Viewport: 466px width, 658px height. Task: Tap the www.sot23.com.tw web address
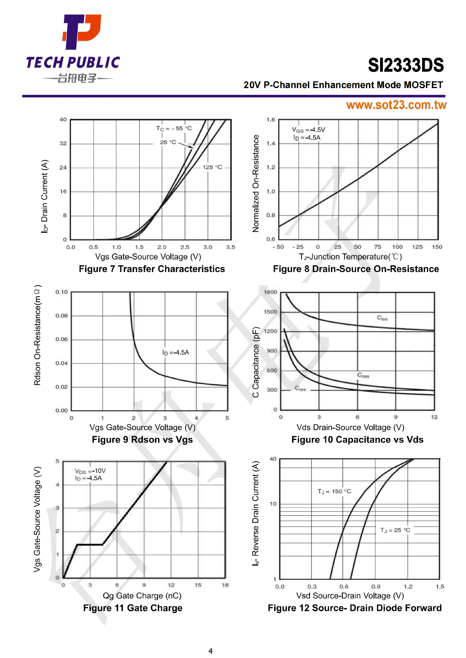coord(396,105)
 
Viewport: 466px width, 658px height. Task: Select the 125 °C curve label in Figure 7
coord(212,167)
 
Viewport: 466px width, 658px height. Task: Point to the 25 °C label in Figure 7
coord(168,142)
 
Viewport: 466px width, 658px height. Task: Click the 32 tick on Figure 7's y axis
coord(63,143)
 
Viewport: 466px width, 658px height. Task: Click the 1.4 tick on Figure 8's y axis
coord(271,143)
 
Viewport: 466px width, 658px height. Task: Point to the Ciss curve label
coord(382,318)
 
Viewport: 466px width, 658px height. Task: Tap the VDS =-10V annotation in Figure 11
coord(90,471)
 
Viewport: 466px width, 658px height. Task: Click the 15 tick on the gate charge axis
coord(198,585)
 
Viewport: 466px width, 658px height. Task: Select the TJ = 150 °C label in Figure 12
coord(334,491)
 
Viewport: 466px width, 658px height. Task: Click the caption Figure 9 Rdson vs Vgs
coord(142,440)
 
